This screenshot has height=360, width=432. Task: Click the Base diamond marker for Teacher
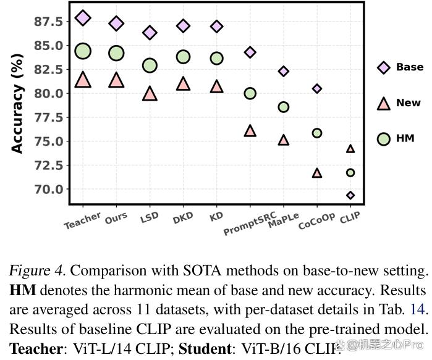pyautogui.click(x=83, y=18)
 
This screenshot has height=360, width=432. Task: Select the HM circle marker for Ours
pyautogui.click(x=116, y=53)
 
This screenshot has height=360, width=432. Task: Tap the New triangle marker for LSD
pyautogui.click(x=150, y=93)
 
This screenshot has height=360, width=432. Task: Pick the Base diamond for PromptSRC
pyautogui.click(x=250, y=52)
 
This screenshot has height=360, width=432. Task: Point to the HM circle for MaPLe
pyautogui.click(x=284, y=107)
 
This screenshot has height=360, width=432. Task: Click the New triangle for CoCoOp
pyautogui.click(x=317, y=173)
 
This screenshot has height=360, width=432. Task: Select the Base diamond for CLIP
pyautogui.click(x=350, y=195)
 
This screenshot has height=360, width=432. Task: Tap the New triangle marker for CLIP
pyautogui.click(x=350, y=149)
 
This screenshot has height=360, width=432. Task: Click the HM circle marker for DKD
pyautogui.click(x=183, y=57)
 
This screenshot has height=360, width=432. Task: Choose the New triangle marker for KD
pyautogui.click(x=216, y=86)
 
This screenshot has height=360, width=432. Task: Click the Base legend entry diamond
pyautogui.click(x=384, y=67)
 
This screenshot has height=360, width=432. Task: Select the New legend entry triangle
pyautogui.click(x=384, y=104)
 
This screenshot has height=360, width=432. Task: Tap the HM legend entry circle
pyautogui.click(x=384, y=139)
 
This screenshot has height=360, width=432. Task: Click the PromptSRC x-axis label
pyautogui.click(x=249, y=224)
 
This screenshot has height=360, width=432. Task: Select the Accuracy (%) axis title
pyautogui.click(x=17, y=104)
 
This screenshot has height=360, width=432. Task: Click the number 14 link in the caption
pyautogui.click(x=418, y=309)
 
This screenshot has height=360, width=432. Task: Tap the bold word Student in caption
pyautogui.click(x=205, y=348)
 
